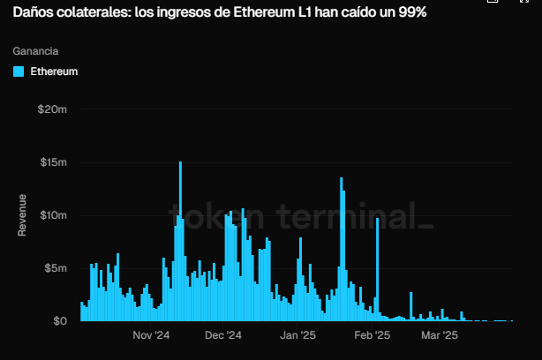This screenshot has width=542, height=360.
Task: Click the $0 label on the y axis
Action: [x=60, y=321]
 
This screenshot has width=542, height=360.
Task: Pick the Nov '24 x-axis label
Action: [x=151, y=335]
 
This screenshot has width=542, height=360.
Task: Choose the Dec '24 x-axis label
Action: [x=223, y=335]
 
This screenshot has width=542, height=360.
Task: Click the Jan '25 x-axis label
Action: [x=297, y=335]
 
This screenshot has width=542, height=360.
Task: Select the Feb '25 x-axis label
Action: [x=372, y=335]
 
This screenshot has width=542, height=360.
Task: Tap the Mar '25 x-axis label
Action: [x=439, y=335]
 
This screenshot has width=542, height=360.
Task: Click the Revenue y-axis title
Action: [x=23, y=214]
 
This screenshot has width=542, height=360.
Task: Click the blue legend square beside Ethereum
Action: [x=19, y=71]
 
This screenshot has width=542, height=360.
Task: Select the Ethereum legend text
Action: [x=55, y=71]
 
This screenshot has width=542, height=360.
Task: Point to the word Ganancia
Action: [x=35, y=51]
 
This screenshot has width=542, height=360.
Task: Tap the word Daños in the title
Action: [x=32, y=15]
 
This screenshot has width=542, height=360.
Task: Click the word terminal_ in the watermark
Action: [x=355, y=216]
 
